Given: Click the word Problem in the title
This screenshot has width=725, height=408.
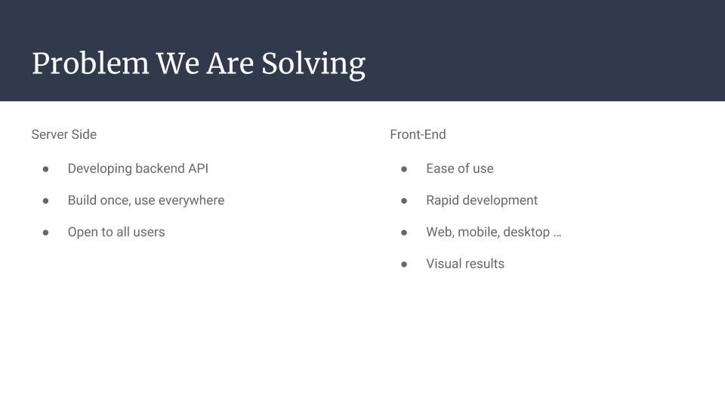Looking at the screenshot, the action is (x=91, y=63).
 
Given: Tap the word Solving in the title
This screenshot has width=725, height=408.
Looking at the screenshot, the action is (x=313, y=65).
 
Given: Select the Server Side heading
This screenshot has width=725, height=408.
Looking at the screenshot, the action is (x=63, y=134).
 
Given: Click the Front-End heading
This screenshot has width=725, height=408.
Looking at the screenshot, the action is (x=418, y=134).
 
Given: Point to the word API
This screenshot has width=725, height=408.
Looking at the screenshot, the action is (x=199, y=168).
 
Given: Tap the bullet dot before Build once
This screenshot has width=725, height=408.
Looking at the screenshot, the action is (x=46, y=201).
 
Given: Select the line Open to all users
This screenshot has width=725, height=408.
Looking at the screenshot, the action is (x=116, y=232).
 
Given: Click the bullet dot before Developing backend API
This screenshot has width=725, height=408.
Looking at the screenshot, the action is (x=46, y=169).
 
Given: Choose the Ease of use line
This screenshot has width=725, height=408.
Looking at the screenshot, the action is (x=460, y=168).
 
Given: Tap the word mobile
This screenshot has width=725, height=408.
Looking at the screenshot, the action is (x=479, y=232).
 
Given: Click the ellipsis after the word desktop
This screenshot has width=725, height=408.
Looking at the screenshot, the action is (x=557, y=235).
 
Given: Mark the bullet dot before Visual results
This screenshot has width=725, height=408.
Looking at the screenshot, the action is (x=404, y=264).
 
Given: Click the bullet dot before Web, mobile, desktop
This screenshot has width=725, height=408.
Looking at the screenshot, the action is (x=404, y=233).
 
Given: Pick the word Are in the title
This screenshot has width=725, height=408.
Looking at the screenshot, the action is (x=230, y=63).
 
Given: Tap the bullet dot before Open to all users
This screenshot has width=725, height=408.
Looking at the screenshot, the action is (x=46, y=233).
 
